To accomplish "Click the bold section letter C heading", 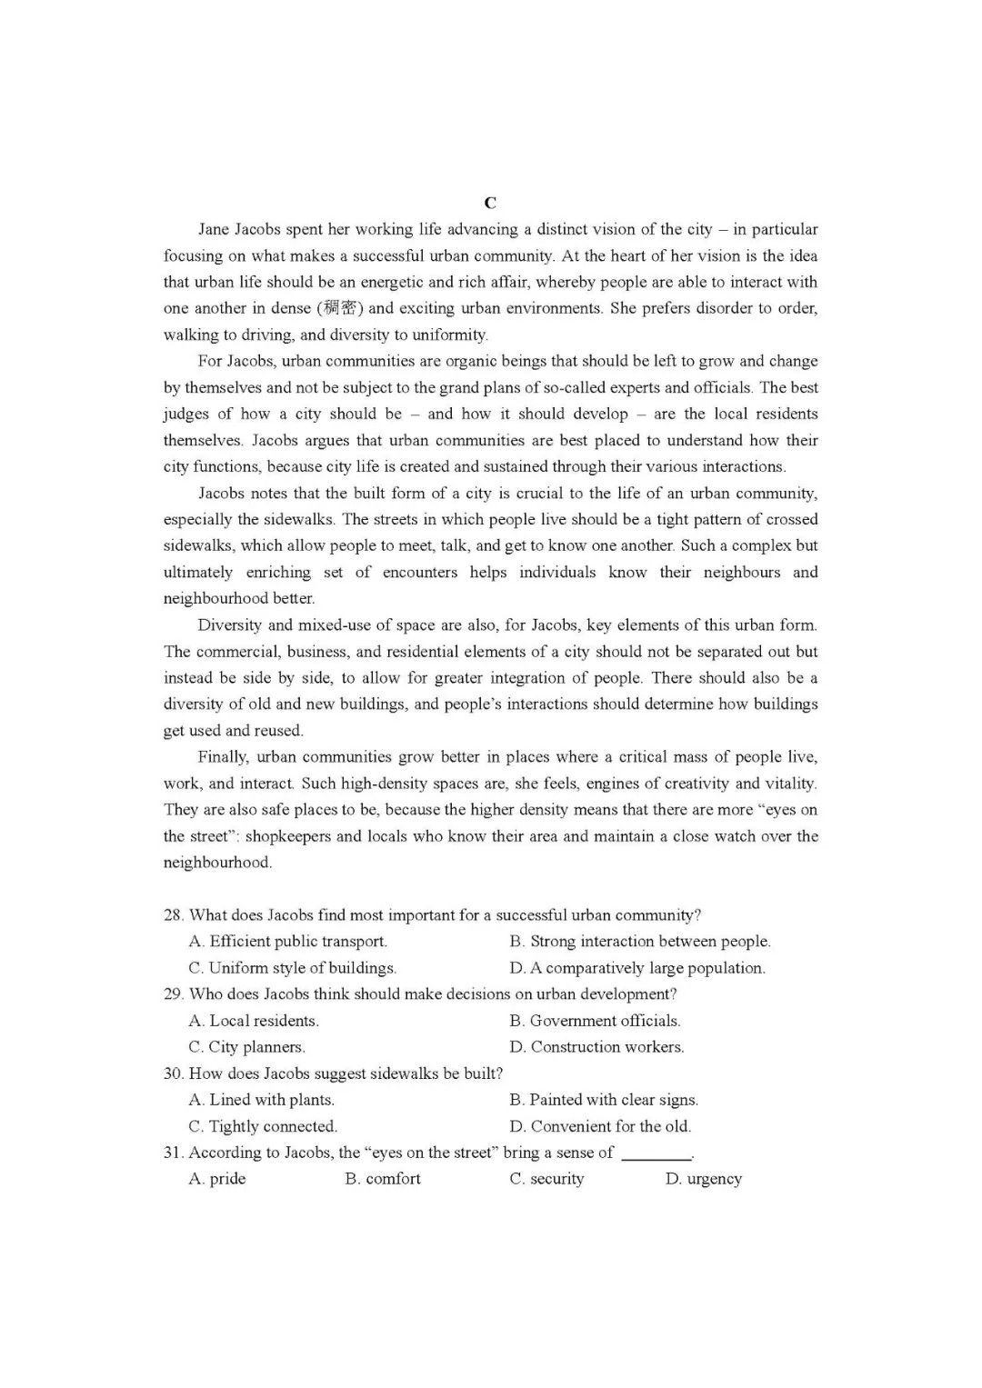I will click(x=490, y=203).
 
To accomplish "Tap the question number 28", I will click(x=173, y=915).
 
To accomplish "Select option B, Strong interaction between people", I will click(x=639, y=942).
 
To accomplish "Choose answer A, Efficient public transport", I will click(x=287, y=942).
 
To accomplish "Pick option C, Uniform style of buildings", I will click(x=292, y=968).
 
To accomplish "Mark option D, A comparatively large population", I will click(x=637, y=968).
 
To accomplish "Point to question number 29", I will click(x=173, y=994).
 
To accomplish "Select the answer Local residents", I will click(x=254, y=1021).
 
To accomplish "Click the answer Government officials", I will click(x=595, y=1021).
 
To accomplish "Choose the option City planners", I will click(x=246, y=1047).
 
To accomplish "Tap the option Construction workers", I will click(x=596, y=1047).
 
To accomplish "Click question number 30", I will click(x=173, y=1073).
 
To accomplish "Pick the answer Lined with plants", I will click(x=261, y=1100).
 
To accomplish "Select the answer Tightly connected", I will click(x=263, y=1126).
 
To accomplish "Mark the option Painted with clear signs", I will click(x=604, y=1100).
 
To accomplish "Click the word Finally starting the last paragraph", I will click(x=223, y=757).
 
